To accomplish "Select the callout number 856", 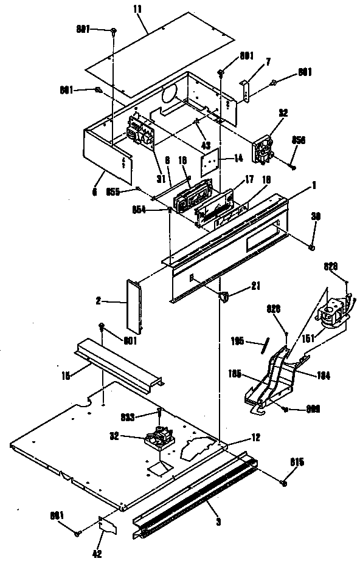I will click(x=298, y=139).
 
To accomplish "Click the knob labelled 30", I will click(x=312, y=247).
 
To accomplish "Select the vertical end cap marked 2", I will click(x=134, y=307).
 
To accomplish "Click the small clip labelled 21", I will click(x=222, y=297).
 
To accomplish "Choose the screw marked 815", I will click(x=283, y=481).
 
